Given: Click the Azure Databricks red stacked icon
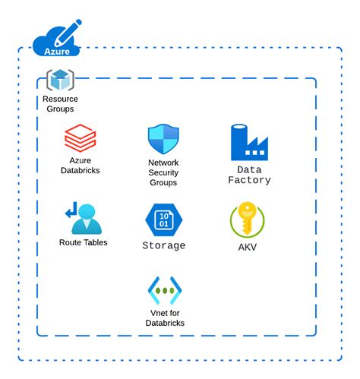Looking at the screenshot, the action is pyautogui.click(x=80, y=137).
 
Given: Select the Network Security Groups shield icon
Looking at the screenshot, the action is pyautogui.click(x=163, y=139).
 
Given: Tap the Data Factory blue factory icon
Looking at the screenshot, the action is pyautogui.click(x=249, y=142).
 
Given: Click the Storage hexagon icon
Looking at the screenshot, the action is pyautogui.click(x=164, y=220).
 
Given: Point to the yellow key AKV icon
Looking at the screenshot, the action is pyautogui.click(x=248, y=220).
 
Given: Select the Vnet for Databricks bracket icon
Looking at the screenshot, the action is pyautogui.click(x=165, y=290).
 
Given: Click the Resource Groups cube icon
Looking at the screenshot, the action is pyautogui.click(x=60, y=80).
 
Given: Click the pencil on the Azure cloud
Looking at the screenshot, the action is pyautogui.click(x=68, y=33).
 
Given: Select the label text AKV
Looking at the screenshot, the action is pyautogui.click(x=248, y=247).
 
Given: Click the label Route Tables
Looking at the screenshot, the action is pyautogui.click(x=84, y=242).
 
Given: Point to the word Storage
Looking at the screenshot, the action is pyautogui.click(x=164, y=245).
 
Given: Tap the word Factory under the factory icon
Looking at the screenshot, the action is pyautogui.click(x=249, y=180).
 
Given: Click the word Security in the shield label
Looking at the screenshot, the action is pyautogui.click(x=163, y=172).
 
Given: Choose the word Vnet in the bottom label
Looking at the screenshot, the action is pyautogui.click(x=158, y=313).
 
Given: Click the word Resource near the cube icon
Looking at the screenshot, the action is pyautogui.click(x=60, y=99).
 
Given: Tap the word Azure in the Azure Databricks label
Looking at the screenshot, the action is pyautogui.click(x=81, y=160).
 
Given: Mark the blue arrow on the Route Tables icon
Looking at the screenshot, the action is pyautogui.click(x=71, y=210).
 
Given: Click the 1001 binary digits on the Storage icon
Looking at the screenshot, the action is pyautogui.click(x=164, y=220).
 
